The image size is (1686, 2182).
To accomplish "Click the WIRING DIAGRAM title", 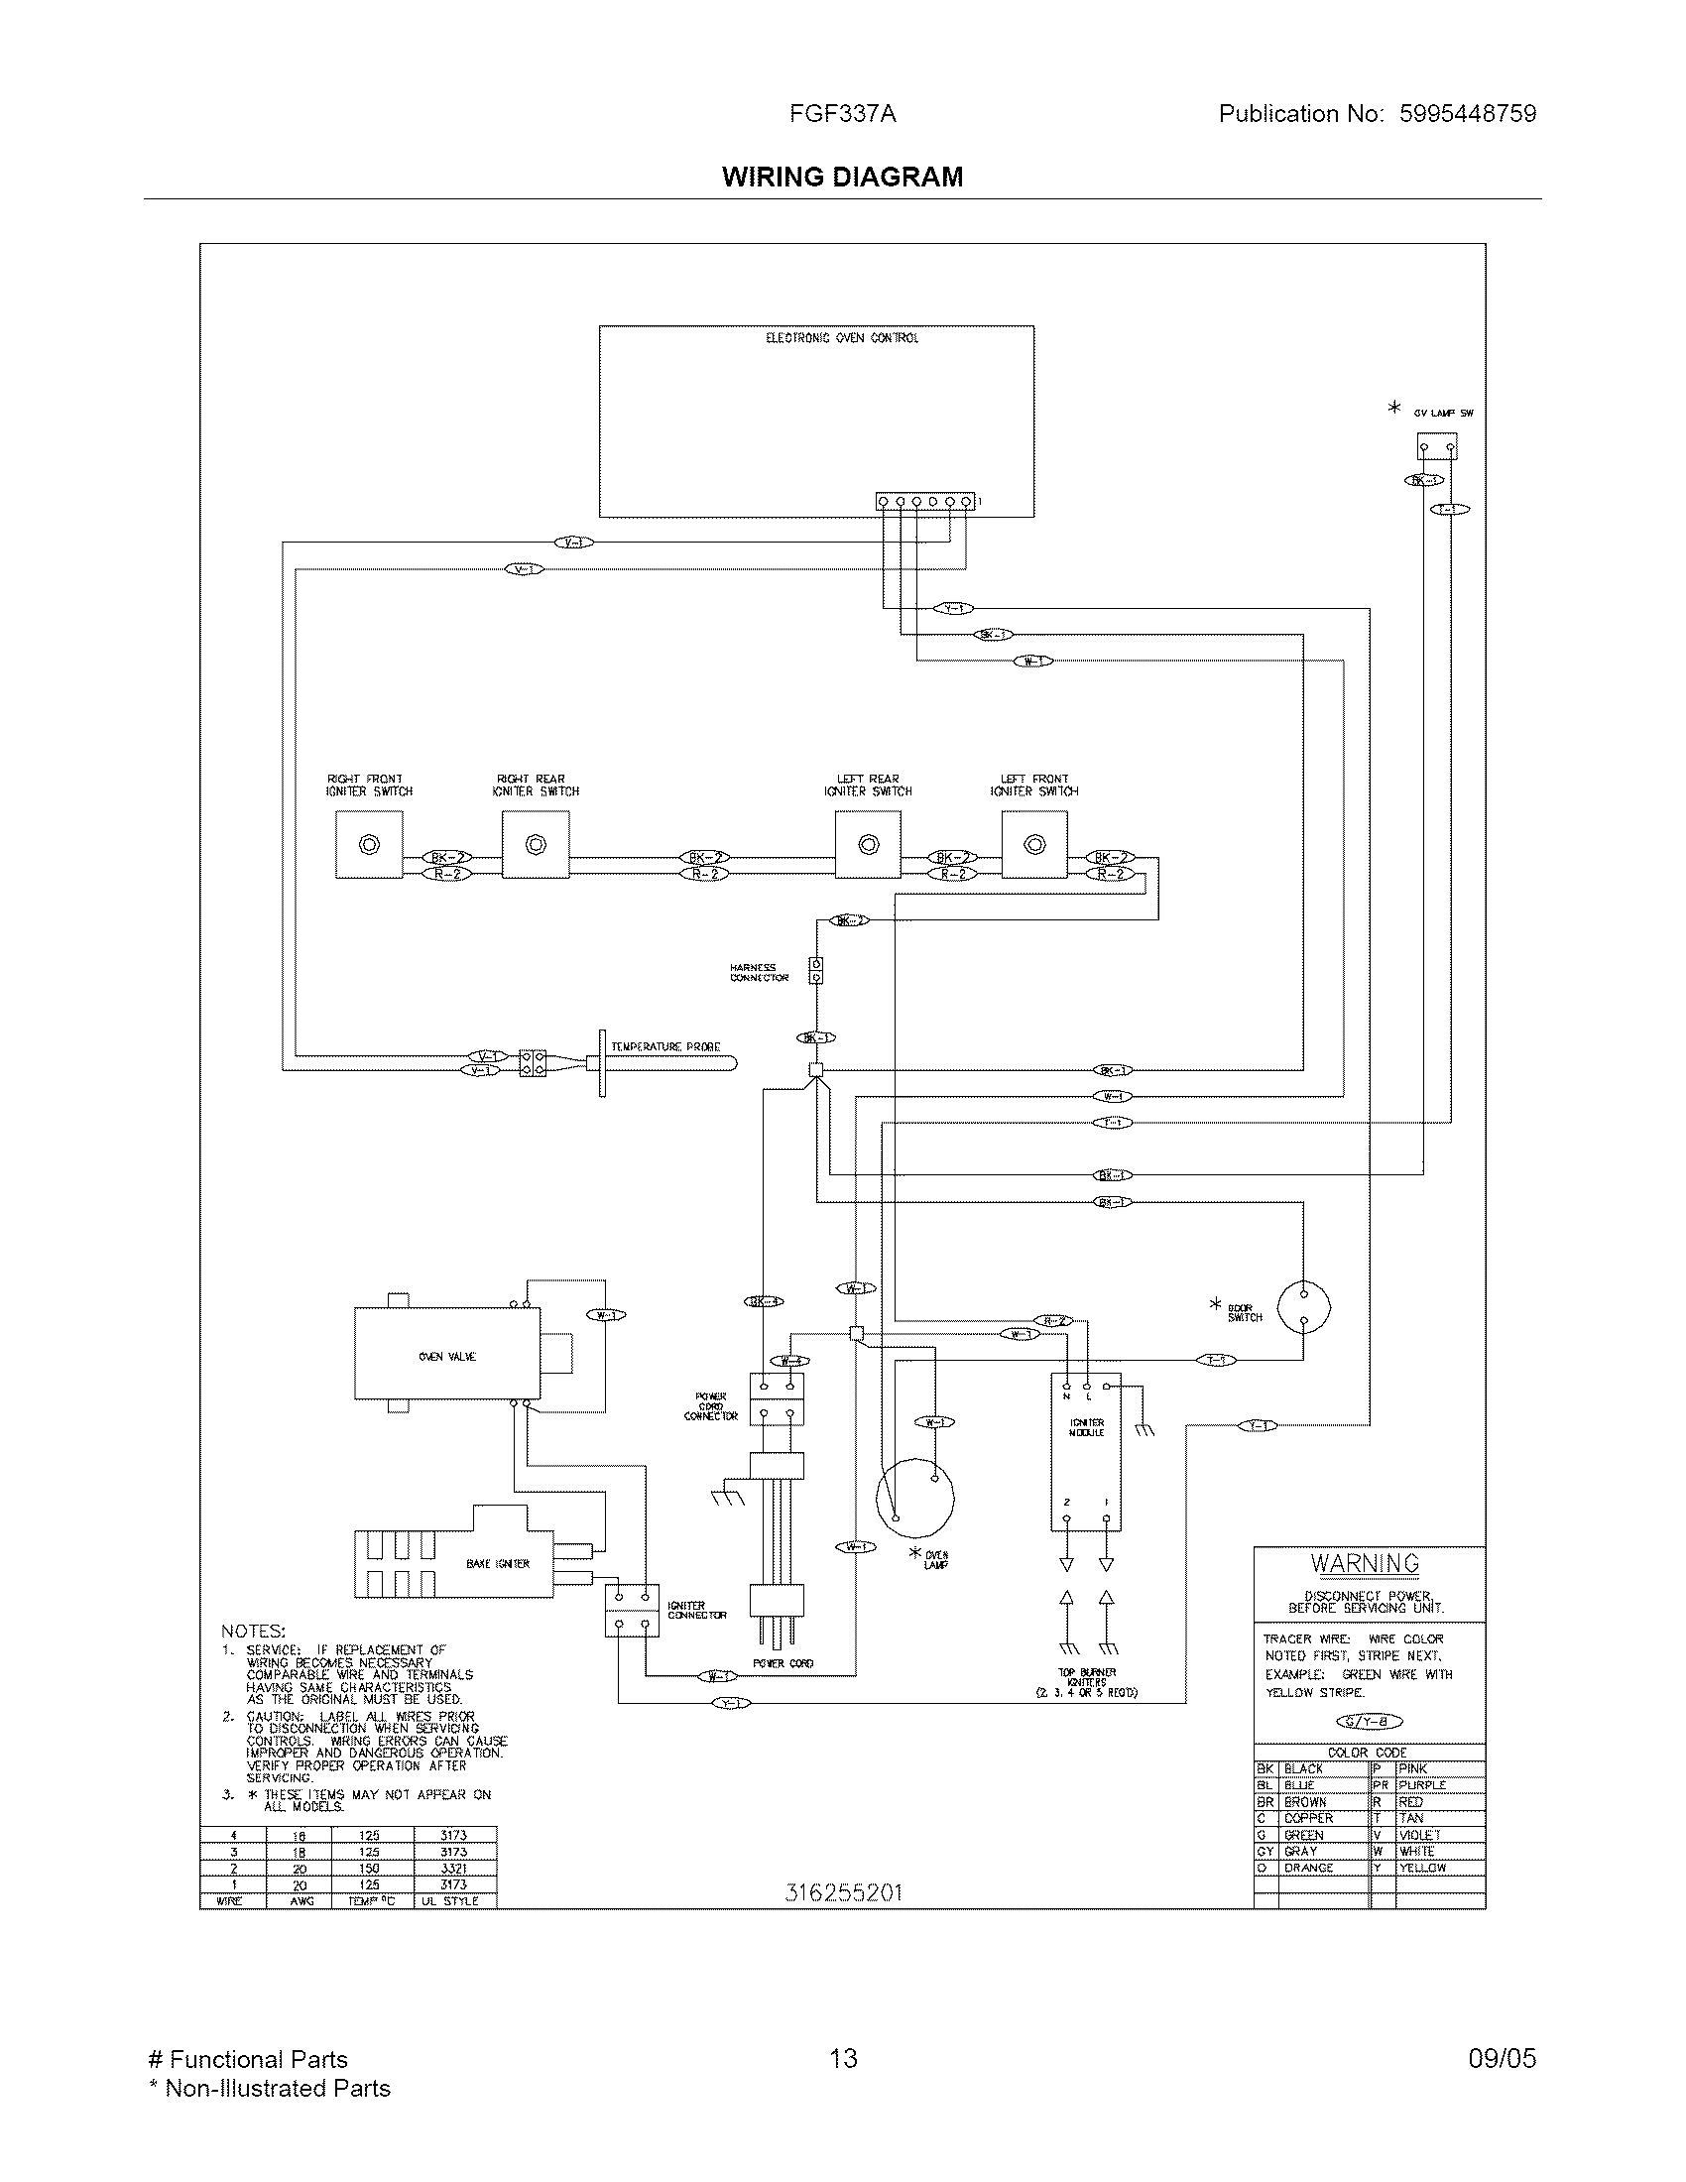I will click(x=842, y=177).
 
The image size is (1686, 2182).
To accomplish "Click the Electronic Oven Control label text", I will click(x=841, y=338).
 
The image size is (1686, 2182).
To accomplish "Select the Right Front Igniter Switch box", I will click(x=369, y=844).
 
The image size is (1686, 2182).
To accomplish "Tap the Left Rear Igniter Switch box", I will click(x=868, y=844).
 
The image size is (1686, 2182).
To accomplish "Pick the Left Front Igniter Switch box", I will click(x=1034, y=844).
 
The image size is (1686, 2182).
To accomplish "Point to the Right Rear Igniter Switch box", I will click(x=536, y=844).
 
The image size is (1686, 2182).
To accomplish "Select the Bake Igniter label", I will click(x=498, y=1563).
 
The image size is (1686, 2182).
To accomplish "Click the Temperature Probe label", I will click(x=665, y=1046).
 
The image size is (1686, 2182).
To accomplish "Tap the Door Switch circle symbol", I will click(x=1303, y=1307).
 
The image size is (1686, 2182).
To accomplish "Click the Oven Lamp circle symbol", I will click(x=915, y=1497).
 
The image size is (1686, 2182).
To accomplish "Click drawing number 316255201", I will click(x=843, y=1892).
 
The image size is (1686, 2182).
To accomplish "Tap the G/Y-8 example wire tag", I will click(x=1369, y=1721).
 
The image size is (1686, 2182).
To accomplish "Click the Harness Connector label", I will click(x=758, y=972).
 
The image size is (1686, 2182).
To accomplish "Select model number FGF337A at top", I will click(x=842, y=114).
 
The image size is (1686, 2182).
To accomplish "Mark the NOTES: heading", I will click(x=253, y=1631).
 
